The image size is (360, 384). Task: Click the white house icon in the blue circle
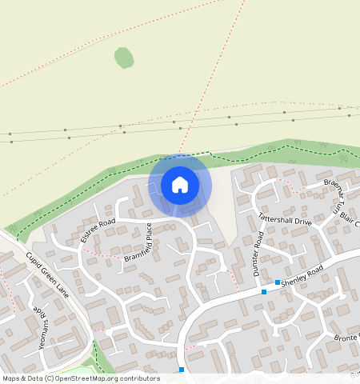click(180, 185)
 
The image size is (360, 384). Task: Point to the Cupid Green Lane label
click(46, 274)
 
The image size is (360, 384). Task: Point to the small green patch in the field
click(124, 57)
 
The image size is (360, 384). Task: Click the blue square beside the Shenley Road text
click(278, 282)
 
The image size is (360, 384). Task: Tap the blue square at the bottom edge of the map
click(182, 370)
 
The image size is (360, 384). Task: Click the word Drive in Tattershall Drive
click(301, 221)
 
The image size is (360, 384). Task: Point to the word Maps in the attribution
click(12, 378)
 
